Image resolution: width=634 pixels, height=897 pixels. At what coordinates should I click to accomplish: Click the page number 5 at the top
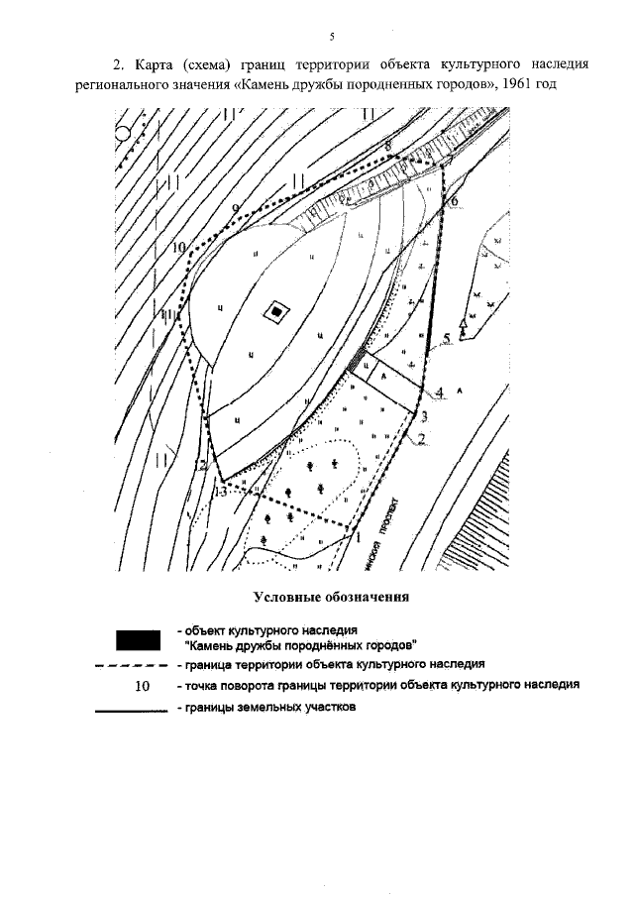tap(332, 37)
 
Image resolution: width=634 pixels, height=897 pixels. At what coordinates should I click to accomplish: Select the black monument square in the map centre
tap(274, 313)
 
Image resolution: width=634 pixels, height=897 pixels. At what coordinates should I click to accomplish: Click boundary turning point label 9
tap(235, 207)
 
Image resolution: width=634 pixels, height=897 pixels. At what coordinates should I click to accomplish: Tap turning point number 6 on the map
tap(454, 202)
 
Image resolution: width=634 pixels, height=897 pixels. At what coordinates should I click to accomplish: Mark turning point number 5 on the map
tap(447, 339)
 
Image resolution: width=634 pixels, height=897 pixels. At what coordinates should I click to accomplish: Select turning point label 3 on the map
tap(423, 414)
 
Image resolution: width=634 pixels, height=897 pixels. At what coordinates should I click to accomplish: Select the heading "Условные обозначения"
tap(332, 597)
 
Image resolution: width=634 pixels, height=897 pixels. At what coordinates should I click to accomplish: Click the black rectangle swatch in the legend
tap(138, 636)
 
